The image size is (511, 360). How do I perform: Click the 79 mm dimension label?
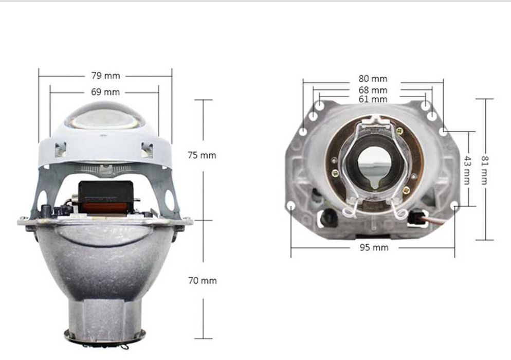click(x=105, y=76)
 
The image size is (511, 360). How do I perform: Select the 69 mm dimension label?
click(x=105, y=92)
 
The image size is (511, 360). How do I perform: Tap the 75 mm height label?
click(x=202, y=155)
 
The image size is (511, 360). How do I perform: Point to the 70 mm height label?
click(x=202, y=281)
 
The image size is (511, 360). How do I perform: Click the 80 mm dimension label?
click(x=373, y=79)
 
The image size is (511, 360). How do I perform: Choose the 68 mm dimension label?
click(x=373, y=90)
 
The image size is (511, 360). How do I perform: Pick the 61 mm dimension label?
click(x=373, y=99)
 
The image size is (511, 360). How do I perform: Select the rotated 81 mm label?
click(x=484, y=170)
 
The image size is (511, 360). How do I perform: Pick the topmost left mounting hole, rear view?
click(x=320, y=105)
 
